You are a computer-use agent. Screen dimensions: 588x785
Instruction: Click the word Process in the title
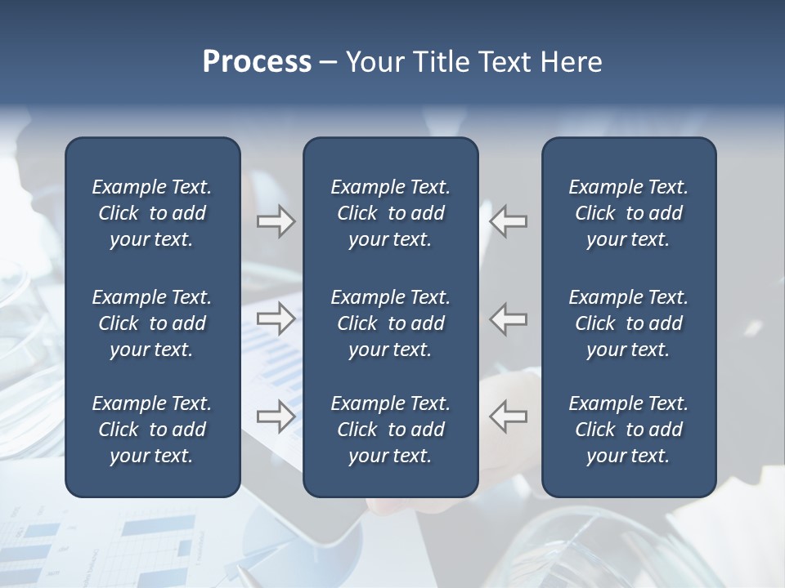257,62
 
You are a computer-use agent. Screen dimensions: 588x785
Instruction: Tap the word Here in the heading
571,62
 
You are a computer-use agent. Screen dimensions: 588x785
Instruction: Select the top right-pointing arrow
276,221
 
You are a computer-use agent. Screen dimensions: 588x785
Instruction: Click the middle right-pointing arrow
276,318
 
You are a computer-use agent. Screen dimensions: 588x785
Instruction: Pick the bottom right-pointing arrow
276,416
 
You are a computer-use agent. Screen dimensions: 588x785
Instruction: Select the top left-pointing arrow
509,221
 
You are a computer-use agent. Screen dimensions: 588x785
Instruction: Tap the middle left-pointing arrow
509,318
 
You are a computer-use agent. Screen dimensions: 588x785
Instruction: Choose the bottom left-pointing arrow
509,416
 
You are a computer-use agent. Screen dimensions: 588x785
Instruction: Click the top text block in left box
152,213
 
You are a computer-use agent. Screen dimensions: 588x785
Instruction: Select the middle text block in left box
152,323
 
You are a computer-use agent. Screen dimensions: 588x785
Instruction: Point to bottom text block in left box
152,430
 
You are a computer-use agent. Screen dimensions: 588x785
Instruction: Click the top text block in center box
390,213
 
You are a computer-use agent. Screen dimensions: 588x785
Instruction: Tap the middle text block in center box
390,323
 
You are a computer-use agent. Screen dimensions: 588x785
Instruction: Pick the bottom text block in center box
390,430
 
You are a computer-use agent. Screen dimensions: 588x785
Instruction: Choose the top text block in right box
628,213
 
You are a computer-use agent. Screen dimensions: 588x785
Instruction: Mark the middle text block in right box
628,323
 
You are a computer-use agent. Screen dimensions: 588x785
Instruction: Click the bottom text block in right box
628,430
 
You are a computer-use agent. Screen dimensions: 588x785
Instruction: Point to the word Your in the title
373,62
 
